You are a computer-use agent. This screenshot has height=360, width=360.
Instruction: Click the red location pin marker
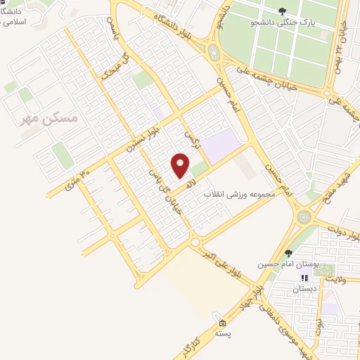[181, 166]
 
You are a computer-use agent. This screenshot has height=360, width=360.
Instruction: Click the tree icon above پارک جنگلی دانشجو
[282, 11]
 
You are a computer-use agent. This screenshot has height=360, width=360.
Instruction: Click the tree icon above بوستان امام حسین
[288, 253]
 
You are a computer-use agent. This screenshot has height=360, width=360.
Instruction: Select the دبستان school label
[304, 289]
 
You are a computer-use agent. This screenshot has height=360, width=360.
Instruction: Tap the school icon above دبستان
[305, 278]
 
